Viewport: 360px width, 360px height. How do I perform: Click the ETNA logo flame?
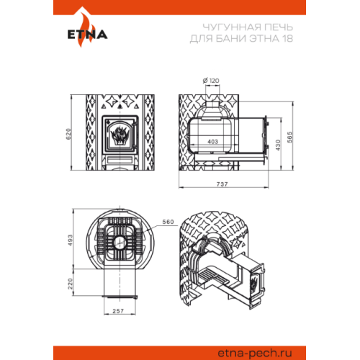[x=84, y=29]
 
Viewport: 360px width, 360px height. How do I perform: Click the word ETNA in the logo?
[x=87, y=35]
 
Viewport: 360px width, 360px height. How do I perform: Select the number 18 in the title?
[x=287, y=38]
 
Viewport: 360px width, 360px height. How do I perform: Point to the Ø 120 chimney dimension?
[x=211, y=81]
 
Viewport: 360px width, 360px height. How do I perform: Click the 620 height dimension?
[x=68, y=134]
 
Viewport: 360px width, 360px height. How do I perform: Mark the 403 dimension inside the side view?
[x=212, y=142]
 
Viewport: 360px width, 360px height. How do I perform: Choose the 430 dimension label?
[x=278, y=145]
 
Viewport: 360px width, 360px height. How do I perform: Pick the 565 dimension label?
[x=290, y=137]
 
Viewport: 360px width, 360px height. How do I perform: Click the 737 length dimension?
[x=222, y=184]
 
